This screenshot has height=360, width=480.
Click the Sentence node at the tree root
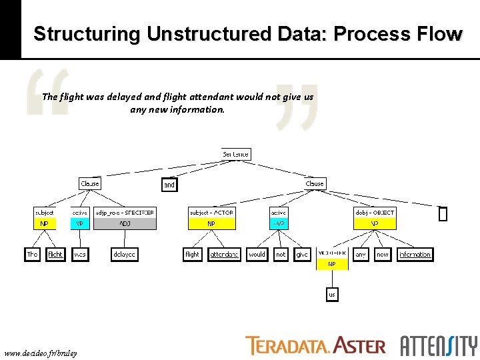tap(236, 154)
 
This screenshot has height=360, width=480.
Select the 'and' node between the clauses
tap(169, 185)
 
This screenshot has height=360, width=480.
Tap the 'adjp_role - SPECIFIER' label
tap(125, 213)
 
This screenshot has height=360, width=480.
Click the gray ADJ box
tap(125, 224)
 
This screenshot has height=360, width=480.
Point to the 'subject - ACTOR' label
tap(211, 213)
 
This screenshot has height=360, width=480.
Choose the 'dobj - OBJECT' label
tap(375, 213)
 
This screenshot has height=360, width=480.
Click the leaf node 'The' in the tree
tap(33, 254)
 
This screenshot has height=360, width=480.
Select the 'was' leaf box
tap(80, 254)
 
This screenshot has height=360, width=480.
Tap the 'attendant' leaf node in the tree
tap(225, 254)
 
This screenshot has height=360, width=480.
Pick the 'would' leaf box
tap(257, 254)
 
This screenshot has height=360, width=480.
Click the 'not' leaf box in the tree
tap(281, 254)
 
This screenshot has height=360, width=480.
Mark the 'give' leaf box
tap(302, 254)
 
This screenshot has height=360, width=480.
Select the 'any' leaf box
tap(361, 254)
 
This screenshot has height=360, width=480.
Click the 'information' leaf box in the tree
tap(415, 254)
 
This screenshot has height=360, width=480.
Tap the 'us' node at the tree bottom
tap(332, 294)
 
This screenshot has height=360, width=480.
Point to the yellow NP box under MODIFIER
tap(331, 264)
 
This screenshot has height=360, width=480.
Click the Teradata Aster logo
tap(315, 345)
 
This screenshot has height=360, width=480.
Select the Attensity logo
tap(438, 345)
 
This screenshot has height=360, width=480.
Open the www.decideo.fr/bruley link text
tap(41, 353)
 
